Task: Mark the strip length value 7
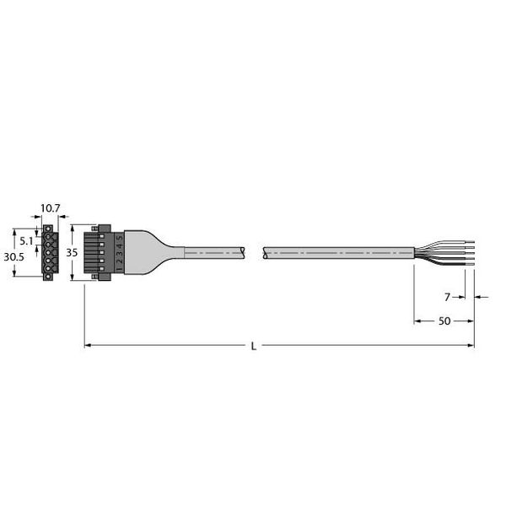[x=447, y=297]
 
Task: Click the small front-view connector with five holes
[x=49, y=250]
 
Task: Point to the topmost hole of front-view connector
[x=49, y=234]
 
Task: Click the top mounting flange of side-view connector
[x=104, y=228]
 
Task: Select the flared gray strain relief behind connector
[x=156, y=251]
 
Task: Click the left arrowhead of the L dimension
[x=88, y=346]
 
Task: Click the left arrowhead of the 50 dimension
[x=417, y=321]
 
